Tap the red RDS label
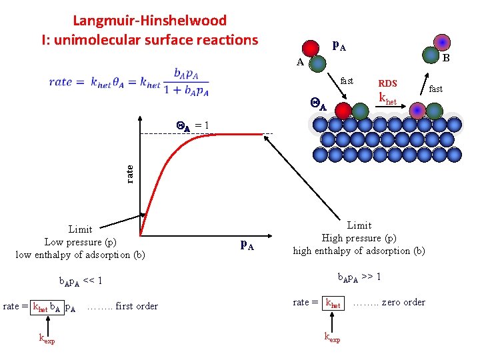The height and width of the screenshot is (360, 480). (x=387, y=83)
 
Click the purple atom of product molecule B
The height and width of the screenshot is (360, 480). (x=441, y=43)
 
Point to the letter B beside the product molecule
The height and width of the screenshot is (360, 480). (x=447, y=59)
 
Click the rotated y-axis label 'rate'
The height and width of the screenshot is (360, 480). (x=130, y=173)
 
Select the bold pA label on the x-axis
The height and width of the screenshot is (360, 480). (x=246, y=244)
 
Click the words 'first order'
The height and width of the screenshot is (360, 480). (x=137, y=307)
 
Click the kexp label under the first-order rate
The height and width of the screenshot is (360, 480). (x=46, y=340)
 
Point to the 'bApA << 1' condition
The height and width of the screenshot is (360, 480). (x=79, y=281)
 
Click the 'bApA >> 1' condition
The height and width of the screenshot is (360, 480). (x=359, y=277)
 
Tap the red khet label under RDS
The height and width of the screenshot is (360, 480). (x=387, y=99)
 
